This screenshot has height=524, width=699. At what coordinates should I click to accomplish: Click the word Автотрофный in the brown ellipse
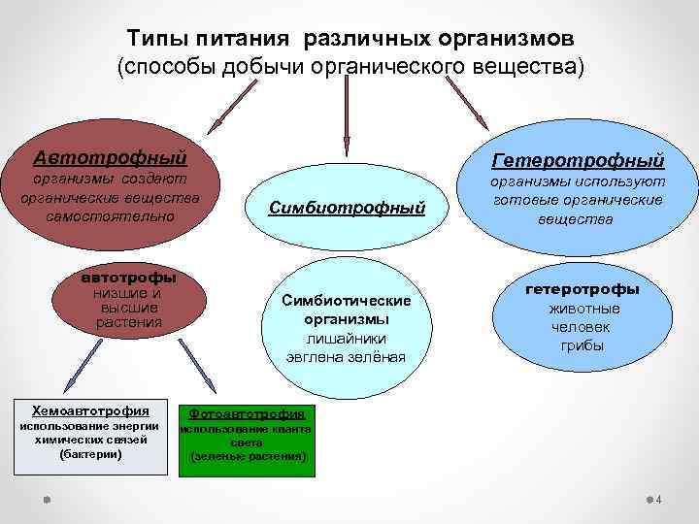[109, 157]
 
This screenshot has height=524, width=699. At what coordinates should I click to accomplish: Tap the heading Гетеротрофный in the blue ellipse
[578, 159]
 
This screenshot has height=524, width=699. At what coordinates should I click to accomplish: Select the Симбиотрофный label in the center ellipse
[347, 208]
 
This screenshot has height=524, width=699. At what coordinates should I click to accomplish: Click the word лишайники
[347, 338]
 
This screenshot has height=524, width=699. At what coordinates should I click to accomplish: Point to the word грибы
[582, 344]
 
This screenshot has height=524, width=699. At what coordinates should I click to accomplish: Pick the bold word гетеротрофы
[582, 289]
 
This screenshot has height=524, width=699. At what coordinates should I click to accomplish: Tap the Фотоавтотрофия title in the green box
[247, 413]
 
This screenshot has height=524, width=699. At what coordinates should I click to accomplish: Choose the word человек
[582, 326]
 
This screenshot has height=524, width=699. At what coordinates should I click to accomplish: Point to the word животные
[582, 308]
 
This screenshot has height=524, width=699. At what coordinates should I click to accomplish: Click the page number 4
[659, 500]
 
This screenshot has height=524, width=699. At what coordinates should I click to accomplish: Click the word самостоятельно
[109, 215]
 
